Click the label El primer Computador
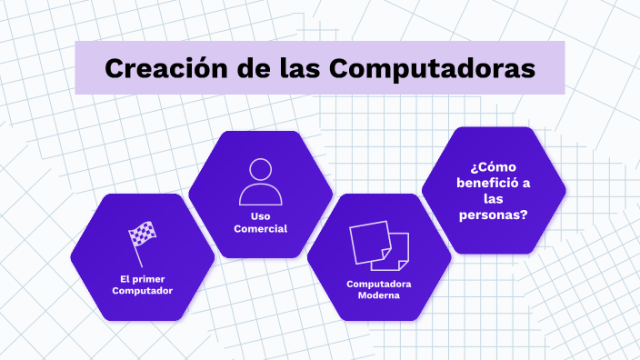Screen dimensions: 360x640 [143, 285]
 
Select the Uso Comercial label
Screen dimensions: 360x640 [260, 222]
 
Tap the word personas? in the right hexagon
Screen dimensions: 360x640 [494, 215]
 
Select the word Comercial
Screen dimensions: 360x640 [260, 228]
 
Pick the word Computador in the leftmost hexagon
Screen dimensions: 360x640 [143, 291]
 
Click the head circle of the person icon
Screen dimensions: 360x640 [260, 170]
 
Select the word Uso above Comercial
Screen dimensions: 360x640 [260, 215]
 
